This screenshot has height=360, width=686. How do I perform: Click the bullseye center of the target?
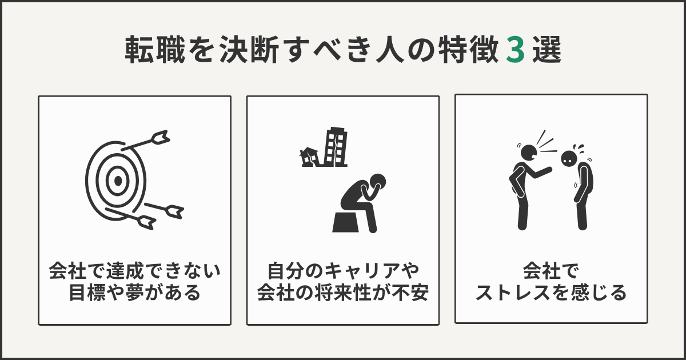point(117,181)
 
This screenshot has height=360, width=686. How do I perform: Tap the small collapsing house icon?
point(309,156)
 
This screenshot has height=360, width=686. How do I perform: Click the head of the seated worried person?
point(377,183)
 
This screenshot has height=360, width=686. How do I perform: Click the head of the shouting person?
point(528,152)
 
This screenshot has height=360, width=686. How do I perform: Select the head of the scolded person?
point(569,158)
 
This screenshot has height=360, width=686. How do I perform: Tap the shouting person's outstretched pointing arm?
point(543,170)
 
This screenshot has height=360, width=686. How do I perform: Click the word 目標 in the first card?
point(87,293)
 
